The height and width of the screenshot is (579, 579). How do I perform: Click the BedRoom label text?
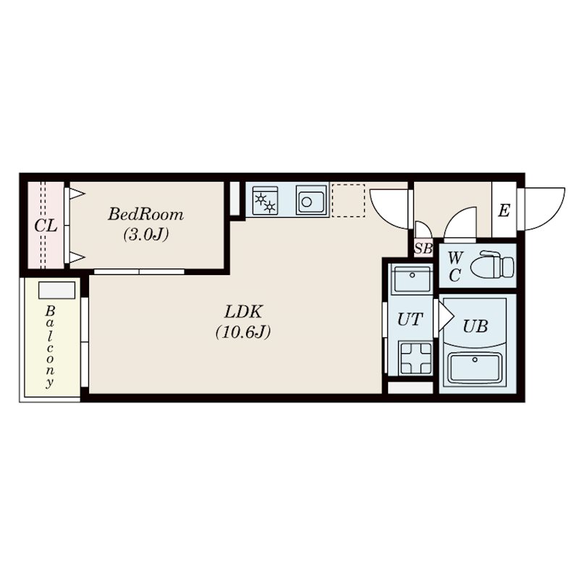[x=145, y=214]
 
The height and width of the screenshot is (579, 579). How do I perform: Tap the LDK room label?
[x=243, y=312]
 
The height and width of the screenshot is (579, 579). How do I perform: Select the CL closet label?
[x=46, y=226]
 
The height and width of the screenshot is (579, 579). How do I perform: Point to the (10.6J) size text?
[x=243, y=332]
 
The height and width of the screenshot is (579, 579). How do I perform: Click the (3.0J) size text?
[x=146, y=234]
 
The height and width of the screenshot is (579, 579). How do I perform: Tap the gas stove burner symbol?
[x=265, y=201]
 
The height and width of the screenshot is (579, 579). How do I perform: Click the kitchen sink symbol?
[x=312, y=200]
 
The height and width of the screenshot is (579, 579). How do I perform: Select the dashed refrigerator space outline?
[x=348, y=200]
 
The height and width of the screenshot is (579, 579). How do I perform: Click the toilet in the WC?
[x=492, y=264]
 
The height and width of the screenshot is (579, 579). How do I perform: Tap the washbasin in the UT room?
[x=412, y=279]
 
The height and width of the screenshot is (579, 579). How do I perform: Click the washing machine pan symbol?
[x=415, y=358]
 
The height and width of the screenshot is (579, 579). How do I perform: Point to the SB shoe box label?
[x=423, y=248]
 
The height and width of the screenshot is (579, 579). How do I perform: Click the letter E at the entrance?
[x=504, y=211]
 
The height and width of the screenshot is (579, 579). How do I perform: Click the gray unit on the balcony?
[x=57, y=290]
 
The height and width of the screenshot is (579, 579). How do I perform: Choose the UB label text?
[x=476, y=326]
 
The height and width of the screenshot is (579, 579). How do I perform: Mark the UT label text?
[x=410, y=319]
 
